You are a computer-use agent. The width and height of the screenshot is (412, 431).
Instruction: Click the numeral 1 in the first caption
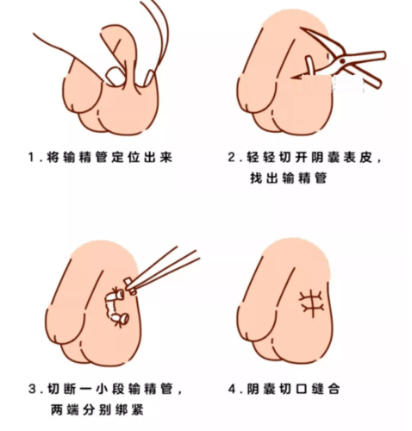coord(30,159)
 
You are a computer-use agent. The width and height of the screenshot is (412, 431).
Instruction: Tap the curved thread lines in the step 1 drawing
coord(151,30)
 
